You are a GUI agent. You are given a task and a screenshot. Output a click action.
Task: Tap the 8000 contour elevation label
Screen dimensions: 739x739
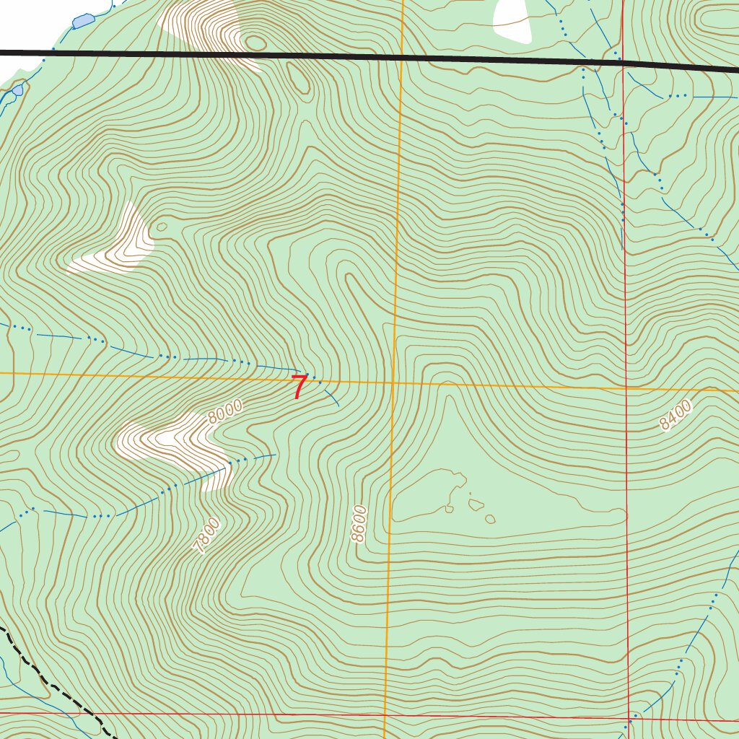tap(224, 412)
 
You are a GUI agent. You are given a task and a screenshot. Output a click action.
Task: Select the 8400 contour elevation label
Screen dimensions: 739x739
tap(675, 416)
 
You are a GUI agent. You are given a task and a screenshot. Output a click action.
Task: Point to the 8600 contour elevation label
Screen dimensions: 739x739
tap(359, 524)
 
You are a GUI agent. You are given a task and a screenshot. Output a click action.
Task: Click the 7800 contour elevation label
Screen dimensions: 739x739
tap(206, 535)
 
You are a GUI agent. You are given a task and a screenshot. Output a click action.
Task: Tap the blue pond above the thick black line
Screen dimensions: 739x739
tap(83, 21)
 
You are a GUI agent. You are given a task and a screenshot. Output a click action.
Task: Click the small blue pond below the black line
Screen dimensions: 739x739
tap(17, 90)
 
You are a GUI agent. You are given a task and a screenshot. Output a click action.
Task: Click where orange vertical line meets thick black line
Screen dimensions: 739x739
tap(401, 56)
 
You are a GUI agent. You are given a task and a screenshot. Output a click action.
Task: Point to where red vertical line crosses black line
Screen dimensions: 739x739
tap(623, 63)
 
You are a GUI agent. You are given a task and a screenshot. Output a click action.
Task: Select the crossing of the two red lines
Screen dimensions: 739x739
tap(629, 718)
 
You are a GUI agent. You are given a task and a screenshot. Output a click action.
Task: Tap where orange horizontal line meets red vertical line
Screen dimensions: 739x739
tap(626, 388)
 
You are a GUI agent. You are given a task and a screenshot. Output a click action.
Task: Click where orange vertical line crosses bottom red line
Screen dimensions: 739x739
tap(385, 715)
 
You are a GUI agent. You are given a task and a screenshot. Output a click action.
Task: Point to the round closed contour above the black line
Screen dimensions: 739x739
tap(255, 43)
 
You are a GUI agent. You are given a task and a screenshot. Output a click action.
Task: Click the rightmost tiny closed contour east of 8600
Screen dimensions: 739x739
tap(491, 519)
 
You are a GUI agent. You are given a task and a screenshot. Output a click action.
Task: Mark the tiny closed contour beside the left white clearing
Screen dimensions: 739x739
tap(161, 227)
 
